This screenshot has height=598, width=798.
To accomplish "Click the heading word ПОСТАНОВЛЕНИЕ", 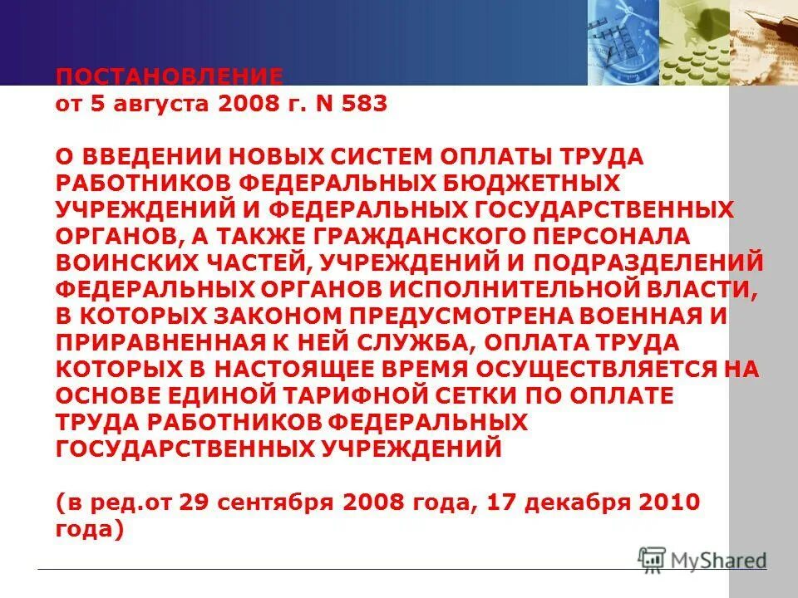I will pos(170,76).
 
